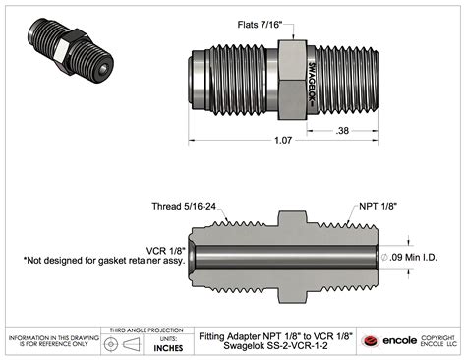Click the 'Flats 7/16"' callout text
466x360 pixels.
click(260, 25)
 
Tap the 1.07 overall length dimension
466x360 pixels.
click(283, 141)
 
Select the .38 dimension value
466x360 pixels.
click(342, 131)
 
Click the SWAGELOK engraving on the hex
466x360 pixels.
click(312, 84)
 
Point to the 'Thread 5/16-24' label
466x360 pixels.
click(184, 207)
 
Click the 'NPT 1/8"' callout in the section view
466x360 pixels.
click(378, 207)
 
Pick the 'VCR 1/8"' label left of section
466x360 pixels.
click(165, 251)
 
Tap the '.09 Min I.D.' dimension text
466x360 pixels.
click(414, 258)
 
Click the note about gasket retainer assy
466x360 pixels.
click(104, 261)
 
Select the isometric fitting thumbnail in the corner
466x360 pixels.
click(71, 50)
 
